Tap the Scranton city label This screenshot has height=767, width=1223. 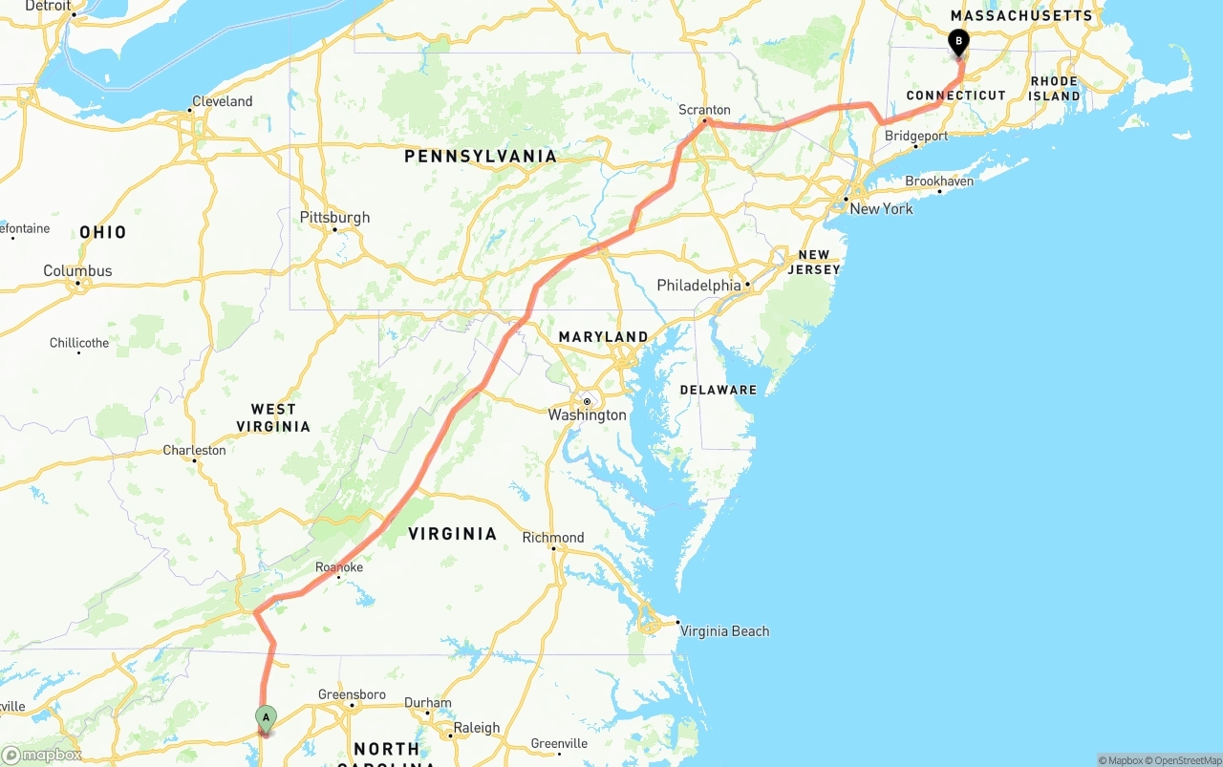pyautogui.click(x=704, y=110)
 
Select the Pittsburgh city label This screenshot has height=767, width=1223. pyautogui.click(x=334, y=218)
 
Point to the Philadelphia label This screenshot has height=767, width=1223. pyautogui.click(x=698, y=286)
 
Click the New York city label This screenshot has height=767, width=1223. pyautogui.click(x=881, y=209)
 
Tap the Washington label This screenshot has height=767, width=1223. pyautogui.click(x=587, y=415)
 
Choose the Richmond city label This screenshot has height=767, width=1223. pyautogui.click(x=552, y=538)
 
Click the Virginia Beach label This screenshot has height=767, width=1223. pyautogui.click(x=724, y=631)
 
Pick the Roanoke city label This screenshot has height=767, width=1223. pyautogui.click(x=339, y=567)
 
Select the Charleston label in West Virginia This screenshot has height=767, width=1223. pyautogui.click(x=194, y=451)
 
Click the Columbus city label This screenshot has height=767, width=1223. pyautogui.click(x=77, y=271)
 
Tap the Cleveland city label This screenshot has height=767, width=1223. pyautogui.click(x=222, y=101)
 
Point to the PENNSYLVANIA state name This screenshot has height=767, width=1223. pyautogui.click(x=480, y=157)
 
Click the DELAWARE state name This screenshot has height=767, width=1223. pyautogui.click(x=718, y=390)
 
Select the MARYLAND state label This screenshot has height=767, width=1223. pyautogui.click(x=603, y=337)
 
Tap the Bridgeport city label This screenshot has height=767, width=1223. pyautogui.click(x=916, y=136)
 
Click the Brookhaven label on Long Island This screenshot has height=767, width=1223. pyautogui.click(x=939, y=181)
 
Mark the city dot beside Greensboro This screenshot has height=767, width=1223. pyautogui.click(x=352, y=706)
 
